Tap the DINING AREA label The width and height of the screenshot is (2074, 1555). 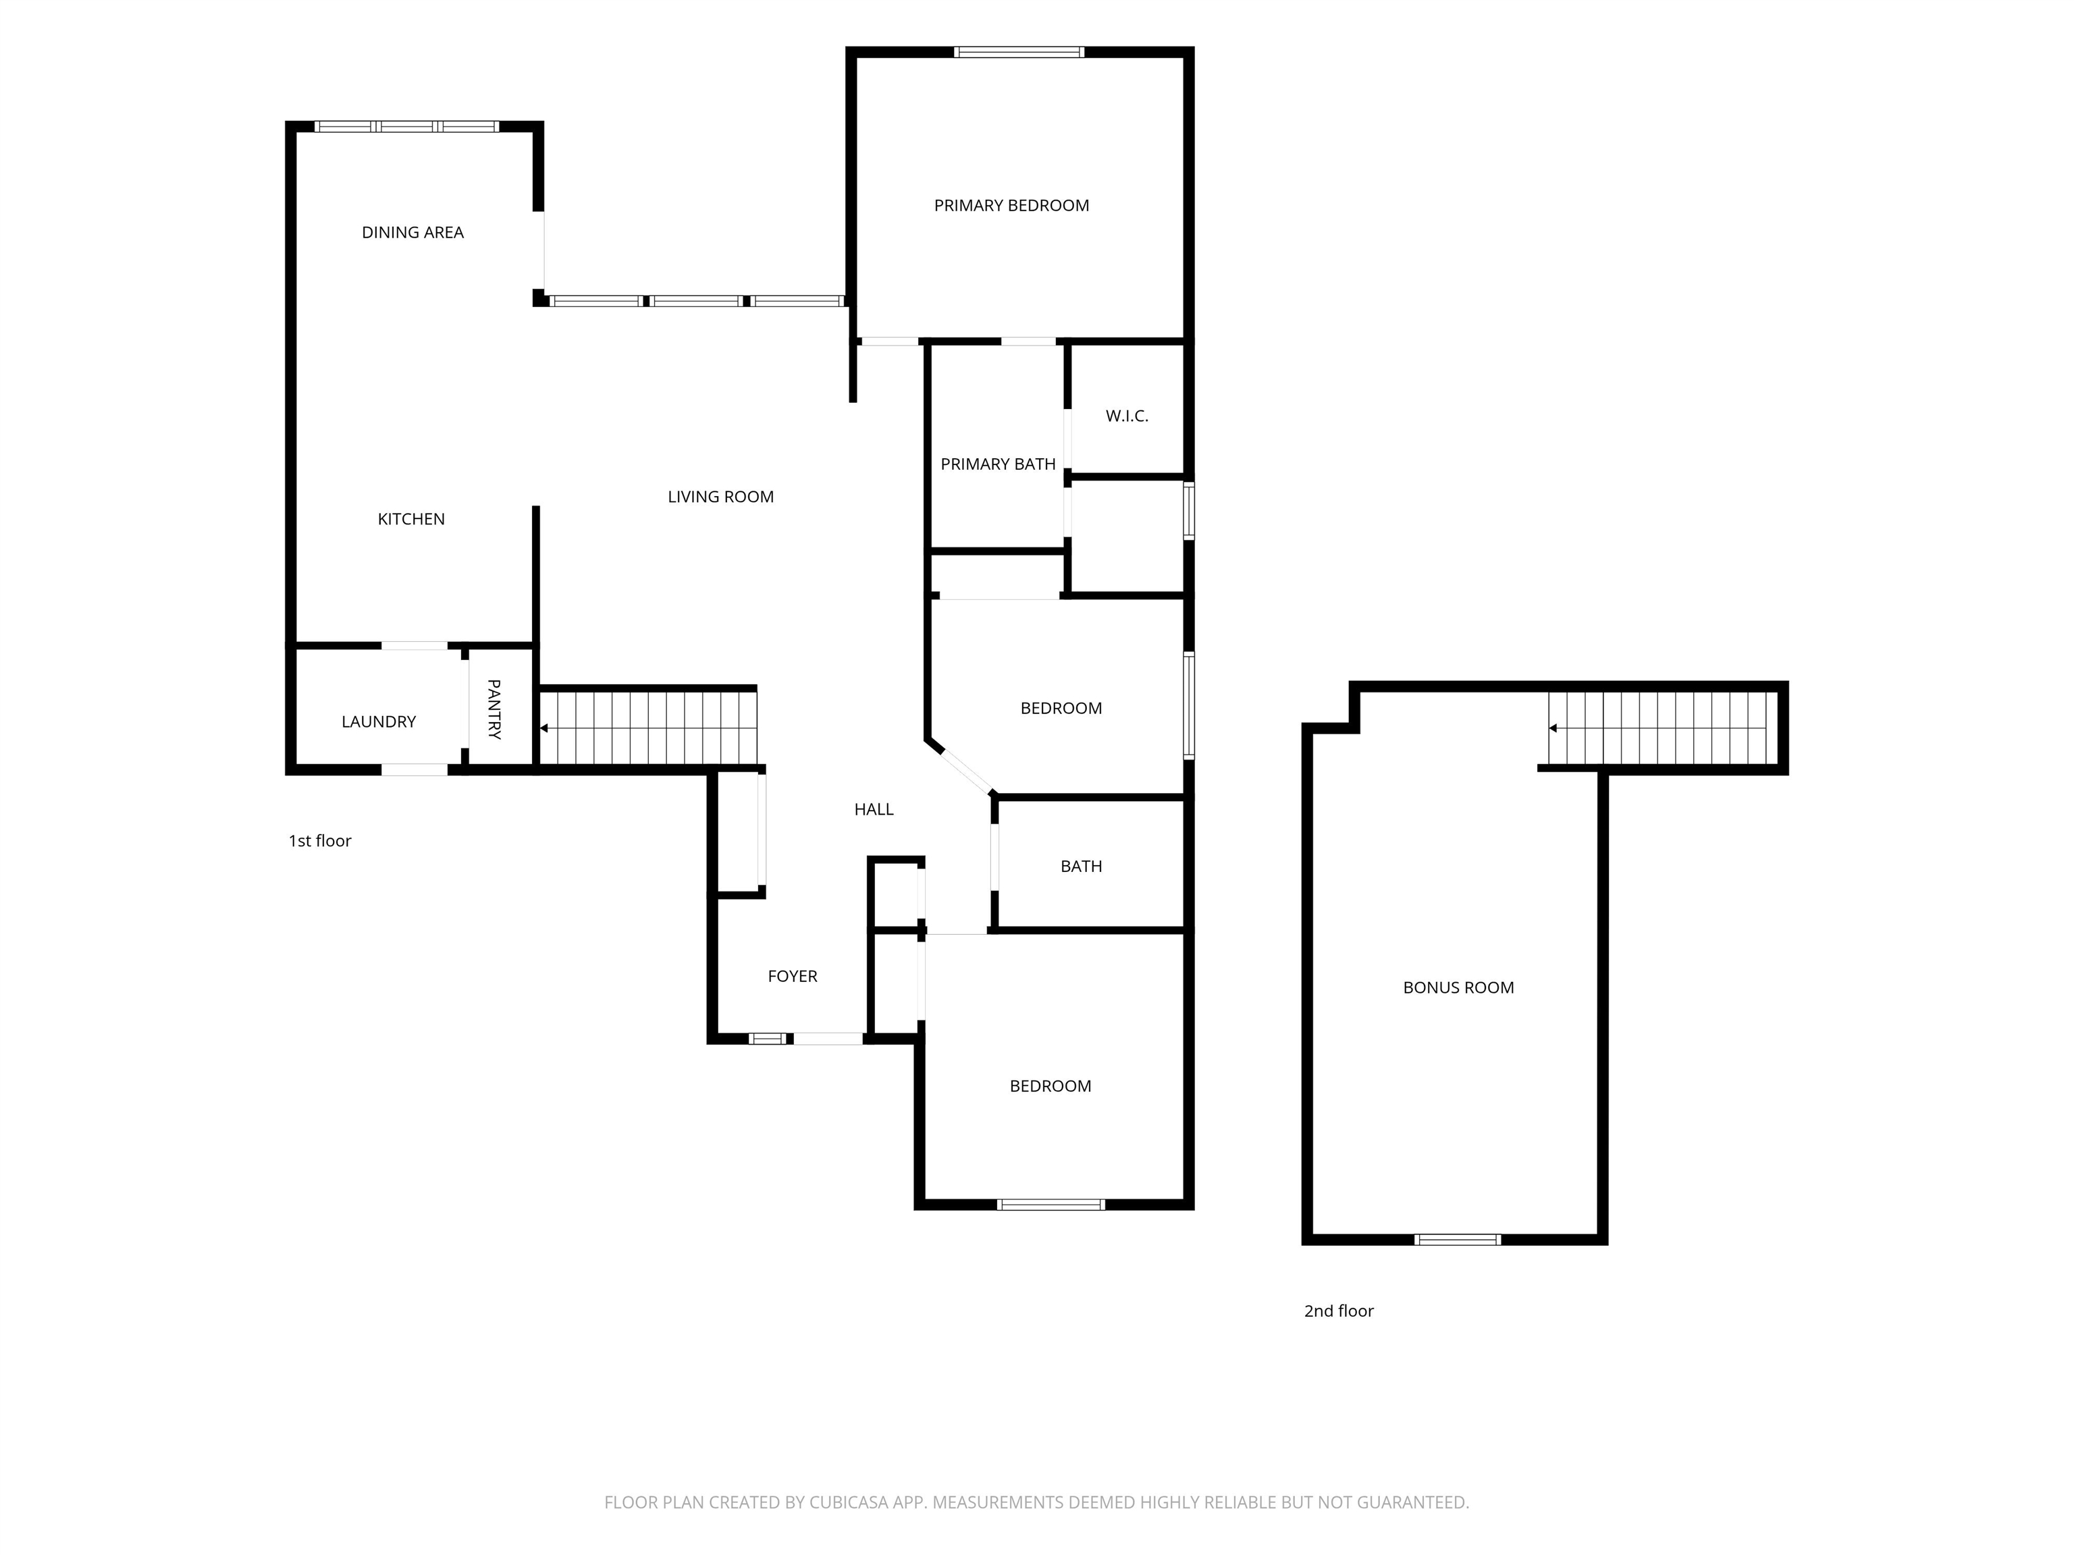tap(413, 232)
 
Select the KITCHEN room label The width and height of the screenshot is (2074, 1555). tap(410, 519)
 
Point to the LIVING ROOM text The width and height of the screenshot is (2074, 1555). tap(720, 497)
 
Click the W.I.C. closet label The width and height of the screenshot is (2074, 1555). tap(1126, 416)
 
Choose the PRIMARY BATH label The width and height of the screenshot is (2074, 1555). tap(998, 464)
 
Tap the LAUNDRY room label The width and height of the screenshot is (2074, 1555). tap(378, 721)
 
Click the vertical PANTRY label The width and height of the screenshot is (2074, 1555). tap(494, 709)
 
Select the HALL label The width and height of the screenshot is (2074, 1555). tap(873, 810)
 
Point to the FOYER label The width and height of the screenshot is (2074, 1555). tap(793, 977)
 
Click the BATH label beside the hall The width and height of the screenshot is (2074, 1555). tap(1080, 867)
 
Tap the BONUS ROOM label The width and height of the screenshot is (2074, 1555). tap(1458, 988)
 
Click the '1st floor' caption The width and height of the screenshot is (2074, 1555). tap(320, 841)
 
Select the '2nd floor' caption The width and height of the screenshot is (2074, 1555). tap(1338, 1311)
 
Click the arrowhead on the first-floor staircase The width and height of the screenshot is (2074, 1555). tap(543, 728)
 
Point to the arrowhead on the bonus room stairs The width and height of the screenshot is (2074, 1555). tap(1553, 728)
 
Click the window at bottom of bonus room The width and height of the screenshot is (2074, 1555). tap(1457, 1239)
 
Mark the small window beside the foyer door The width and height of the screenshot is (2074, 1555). tap(767, 1039)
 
